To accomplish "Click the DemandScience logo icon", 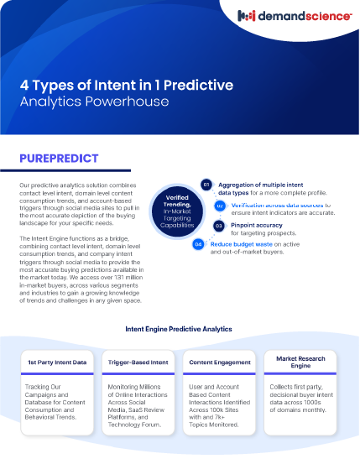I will tap(248, 15).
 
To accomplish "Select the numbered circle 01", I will tap(206, 184).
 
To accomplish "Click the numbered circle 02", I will tap(220, 205).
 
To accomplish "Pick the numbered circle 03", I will tap(218, 225).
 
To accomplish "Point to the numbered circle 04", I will tap(198, 244).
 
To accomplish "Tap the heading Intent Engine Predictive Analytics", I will tap(178, 330).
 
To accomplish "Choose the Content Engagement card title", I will tap(220, 362).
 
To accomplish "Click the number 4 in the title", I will tap(25, 86).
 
